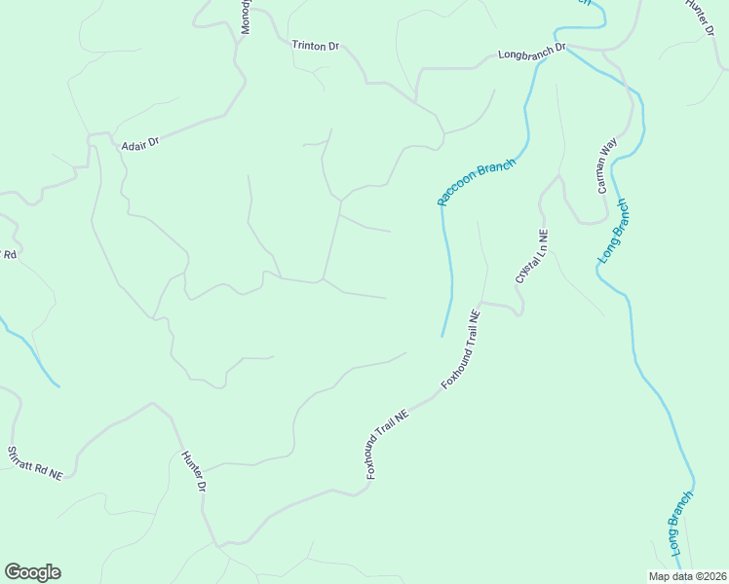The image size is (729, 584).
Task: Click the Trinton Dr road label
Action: pos(314,46)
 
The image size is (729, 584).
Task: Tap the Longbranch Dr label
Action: pos(531,52)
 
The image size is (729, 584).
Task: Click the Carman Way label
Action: pos(607,165)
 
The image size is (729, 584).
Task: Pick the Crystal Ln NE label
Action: pos(532,256)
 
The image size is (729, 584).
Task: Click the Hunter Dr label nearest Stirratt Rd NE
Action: pos(193,472)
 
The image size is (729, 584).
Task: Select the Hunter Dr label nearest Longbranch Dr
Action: pos(700,18)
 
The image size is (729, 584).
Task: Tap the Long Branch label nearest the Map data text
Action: pos(681,524)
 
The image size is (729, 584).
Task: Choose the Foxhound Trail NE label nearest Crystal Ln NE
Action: pos(462,350)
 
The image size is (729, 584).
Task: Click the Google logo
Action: pos(32,572)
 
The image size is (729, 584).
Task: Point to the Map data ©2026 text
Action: pos(686,576)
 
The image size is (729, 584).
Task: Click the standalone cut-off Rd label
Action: pos(11,254)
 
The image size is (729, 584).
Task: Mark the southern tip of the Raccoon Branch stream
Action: pos(442,336)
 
